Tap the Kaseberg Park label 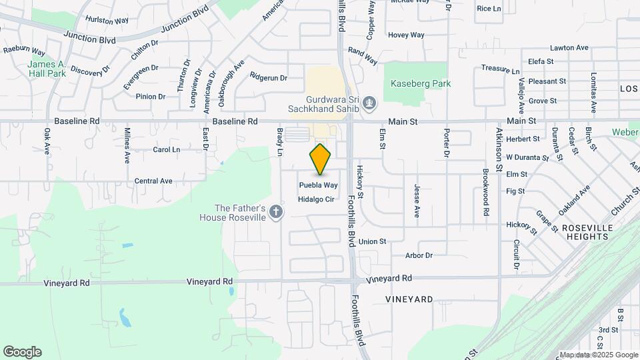422,84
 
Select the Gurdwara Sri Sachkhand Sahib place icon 371,103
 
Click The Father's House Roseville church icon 276,212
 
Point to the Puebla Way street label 318,185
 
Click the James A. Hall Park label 47,69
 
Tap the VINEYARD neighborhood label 409,299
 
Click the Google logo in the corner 22,352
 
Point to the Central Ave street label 153,181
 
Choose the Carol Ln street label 167,150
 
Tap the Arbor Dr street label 419,255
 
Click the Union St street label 373,241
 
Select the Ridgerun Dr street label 268,77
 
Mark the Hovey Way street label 406,35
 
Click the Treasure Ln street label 500,69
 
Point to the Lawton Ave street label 569,48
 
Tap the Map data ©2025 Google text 598,355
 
